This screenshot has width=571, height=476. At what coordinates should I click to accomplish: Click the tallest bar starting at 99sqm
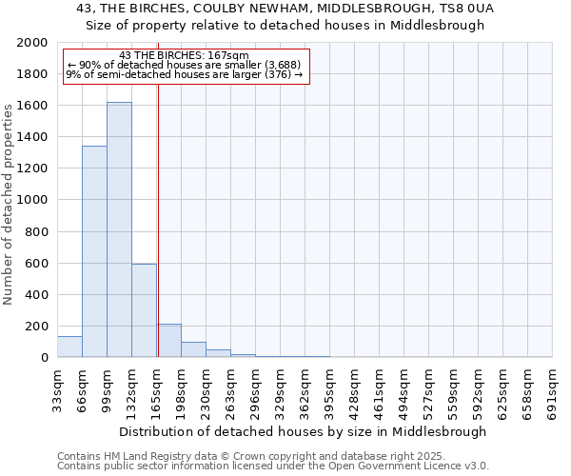(x=119, y=229)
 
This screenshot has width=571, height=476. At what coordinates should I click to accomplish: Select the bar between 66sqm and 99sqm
(x=94, y=251)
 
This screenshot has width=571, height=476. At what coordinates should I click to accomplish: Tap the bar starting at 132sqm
(x=144, y=310)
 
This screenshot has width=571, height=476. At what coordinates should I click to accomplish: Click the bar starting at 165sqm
(x=168, y=341)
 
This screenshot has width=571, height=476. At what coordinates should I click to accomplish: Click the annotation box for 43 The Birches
(x=187, y=66)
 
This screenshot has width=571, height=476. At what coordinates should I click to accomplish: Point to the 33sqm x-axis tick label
(x=57, y=386)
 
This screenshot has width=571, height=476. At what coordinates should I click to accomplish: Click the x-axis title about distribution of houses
(x=304, y=431)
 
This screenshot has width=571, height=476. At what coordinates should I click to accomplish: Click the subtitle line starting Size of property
(x=285, y=25)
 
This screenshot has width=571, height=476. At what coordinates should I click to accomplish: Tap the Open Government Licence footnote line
(x=273, y=466)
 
